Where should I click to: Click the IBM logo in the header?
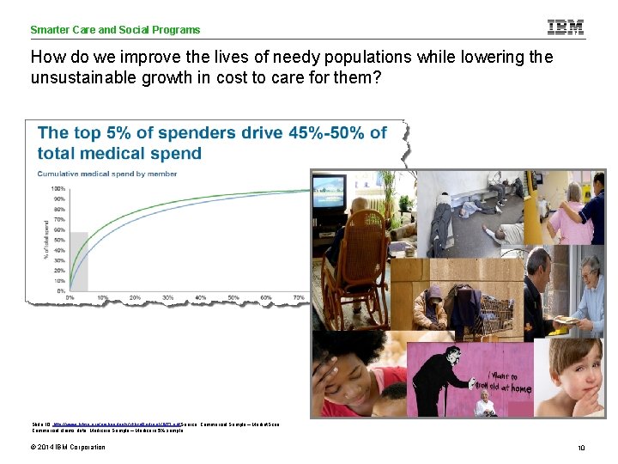tap(566, 27)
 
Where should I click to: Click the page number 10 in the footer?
tap(581, 448)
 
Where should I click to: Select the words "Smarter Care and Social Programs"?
tap(115, 30)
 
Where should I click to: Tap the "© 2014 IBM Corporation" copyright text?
tap(68, 447)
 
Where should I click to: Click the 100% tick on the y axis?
tap(58, 189)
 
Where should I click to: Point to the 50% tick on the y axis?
tap(59, 240)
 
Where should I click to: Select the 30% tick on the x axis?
tap(168, 297)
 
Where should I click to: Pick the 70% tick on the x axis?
tap(298, 297)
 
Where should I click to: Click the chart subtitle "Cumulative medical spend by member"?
tap(107, 174)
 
